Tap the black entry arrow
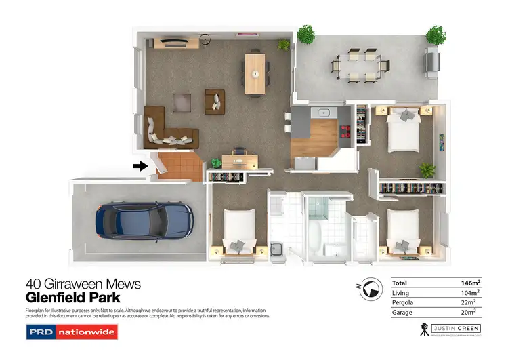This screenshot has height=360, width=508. (140, 166)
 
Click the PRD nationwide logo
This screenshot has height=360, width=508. (72, 332)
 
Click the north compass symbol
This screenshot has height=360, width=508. (369, 289)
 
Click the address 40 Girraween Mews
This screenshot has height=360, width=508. (83, 284)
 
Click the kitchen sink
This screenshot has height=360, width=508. (323, 113)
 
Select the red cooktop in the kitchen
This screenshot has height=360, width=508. (347, 130)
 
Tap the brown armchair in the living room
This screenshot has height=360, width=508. (215, 100)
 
